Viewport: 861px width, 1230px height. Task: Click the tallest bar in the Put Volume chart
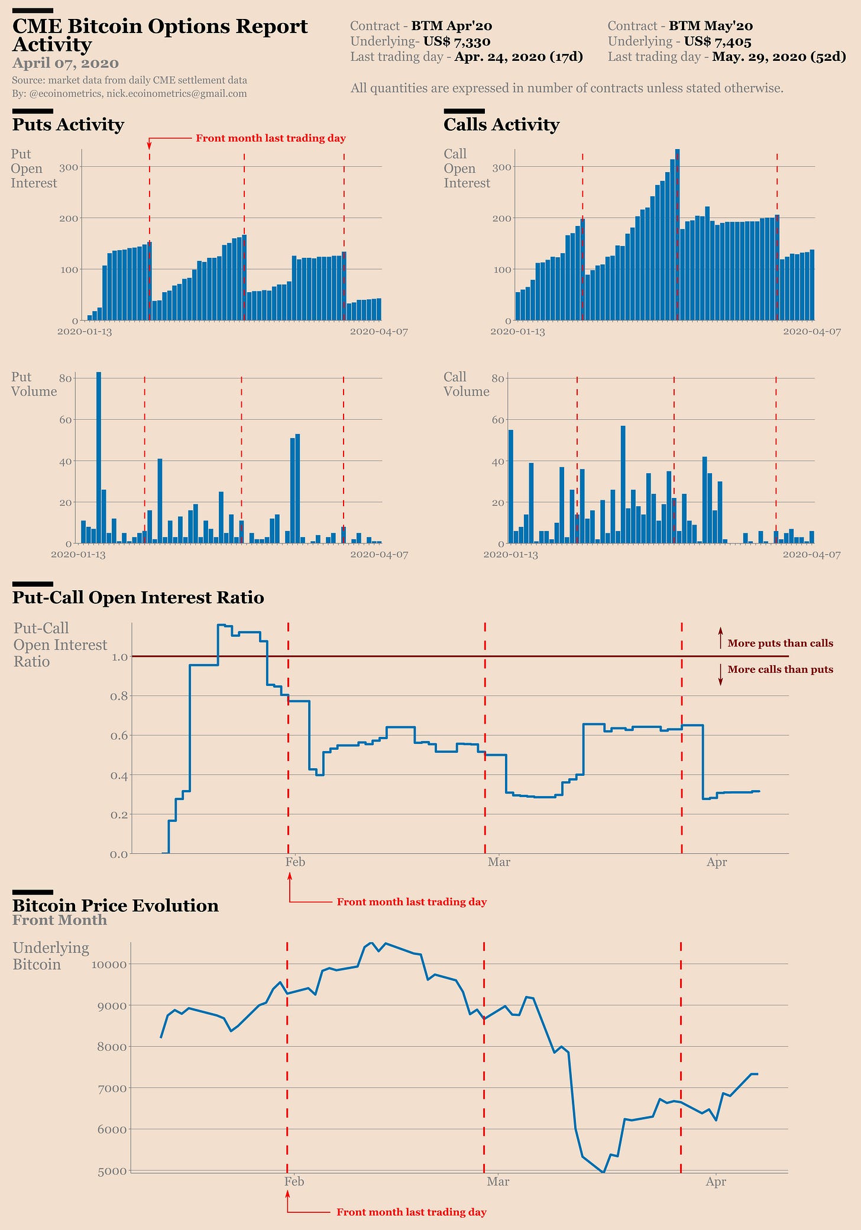click(99, 458)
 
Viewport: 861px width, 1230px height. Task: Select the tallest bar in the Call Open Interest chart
click(677, 237)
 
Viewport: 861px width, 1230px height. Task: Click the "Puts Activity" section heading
click(68, 125)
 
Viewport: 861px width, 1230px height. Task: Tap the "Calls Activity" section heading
click(501, 125)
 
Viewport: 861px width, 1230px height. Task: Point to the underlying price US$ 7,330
click(457, 41)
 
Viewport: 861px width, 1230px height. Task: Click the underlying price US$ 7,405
click(717, 41)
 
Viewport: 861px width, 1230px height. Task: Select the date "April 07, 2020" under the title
click(65, 63)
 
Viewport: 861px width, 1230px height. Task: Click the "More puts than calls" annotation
click(780, 643)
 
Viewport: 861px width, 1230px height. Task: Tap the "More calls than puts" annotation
click(780, 669)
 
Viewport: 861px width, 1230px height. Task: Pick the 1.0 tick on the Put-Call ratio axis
click(119, 656)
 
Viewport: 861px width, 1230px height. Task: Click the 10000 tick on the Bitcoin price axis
click(109, 964)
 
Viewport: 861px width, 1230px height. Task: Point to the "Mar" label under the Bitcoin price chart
click(498, 1182)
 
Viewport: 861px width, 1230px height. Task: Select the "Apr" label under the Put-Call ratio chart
click(717, 862)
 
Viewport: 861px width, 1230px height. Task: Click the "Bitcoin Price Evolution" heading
click(115, 906)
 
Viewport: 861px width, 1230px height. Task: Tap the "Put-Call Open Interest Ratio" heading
click(138, 598)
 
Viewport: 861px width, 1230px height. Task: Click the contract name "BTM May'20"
click(710, 26)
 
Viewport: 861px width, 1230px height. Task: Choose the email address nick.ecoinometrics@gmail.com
click(176, 93)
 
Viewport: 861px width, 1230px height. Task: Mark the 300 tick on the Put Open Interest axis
click(70, 167)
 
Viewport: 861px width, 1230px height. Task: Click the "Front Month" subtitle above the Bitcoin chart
click(60, 920)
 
